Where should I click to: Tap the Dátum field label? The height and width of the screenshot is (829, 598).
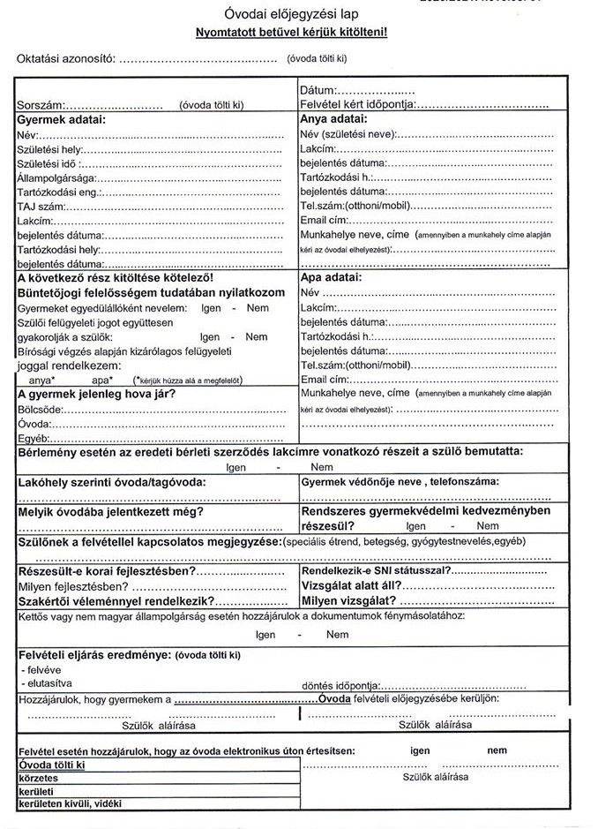coord(318,90)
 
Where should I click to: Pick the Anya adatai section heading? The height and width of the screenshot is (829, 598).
coord(333,119)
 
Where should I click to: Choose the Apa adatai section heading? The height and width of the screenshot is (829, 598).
coord(332,277)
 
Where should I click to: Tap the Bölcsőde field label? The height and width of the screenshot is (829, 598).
coord(40,410)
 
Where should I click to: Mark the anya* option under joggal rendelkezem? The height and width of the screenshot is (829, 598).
coord(41,379)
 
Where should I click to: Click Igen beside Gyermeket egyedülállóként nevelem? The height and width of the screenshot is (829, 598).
coord(210,307)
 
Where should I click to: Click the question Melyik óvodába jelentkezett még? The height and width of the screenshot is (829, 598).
coord(111,512)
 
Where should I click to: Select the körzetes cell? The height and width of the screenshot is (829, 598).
coord(39,778)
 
